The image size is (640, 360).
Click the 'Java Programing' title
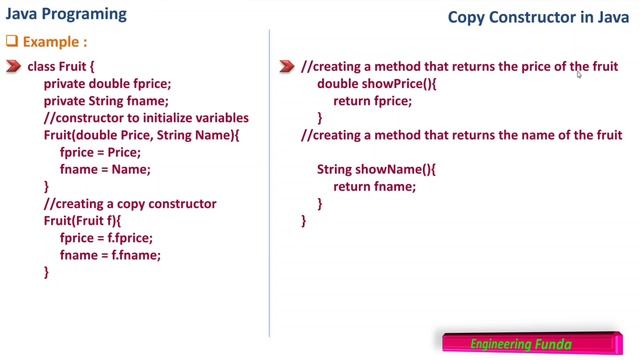(x=67, y=15)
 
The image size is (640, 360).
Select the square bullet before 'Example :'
(x=13, y=42)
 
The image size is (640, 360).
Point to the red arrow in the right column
(x=286, y=67)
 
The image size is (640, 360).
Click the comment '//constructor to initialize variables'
(x=146, y=118)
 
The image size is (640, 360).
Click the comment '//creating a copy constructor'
(x=130, y=204)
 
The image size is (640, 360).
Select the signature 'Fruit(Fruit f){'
(x=89, y=221)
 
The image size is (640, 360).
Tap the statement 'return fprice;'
(x=372, y=101)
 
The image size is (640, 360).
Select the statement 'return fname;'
(x=374, y=186)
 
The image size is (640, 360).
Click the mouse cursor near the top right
(x=579, y=72)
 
